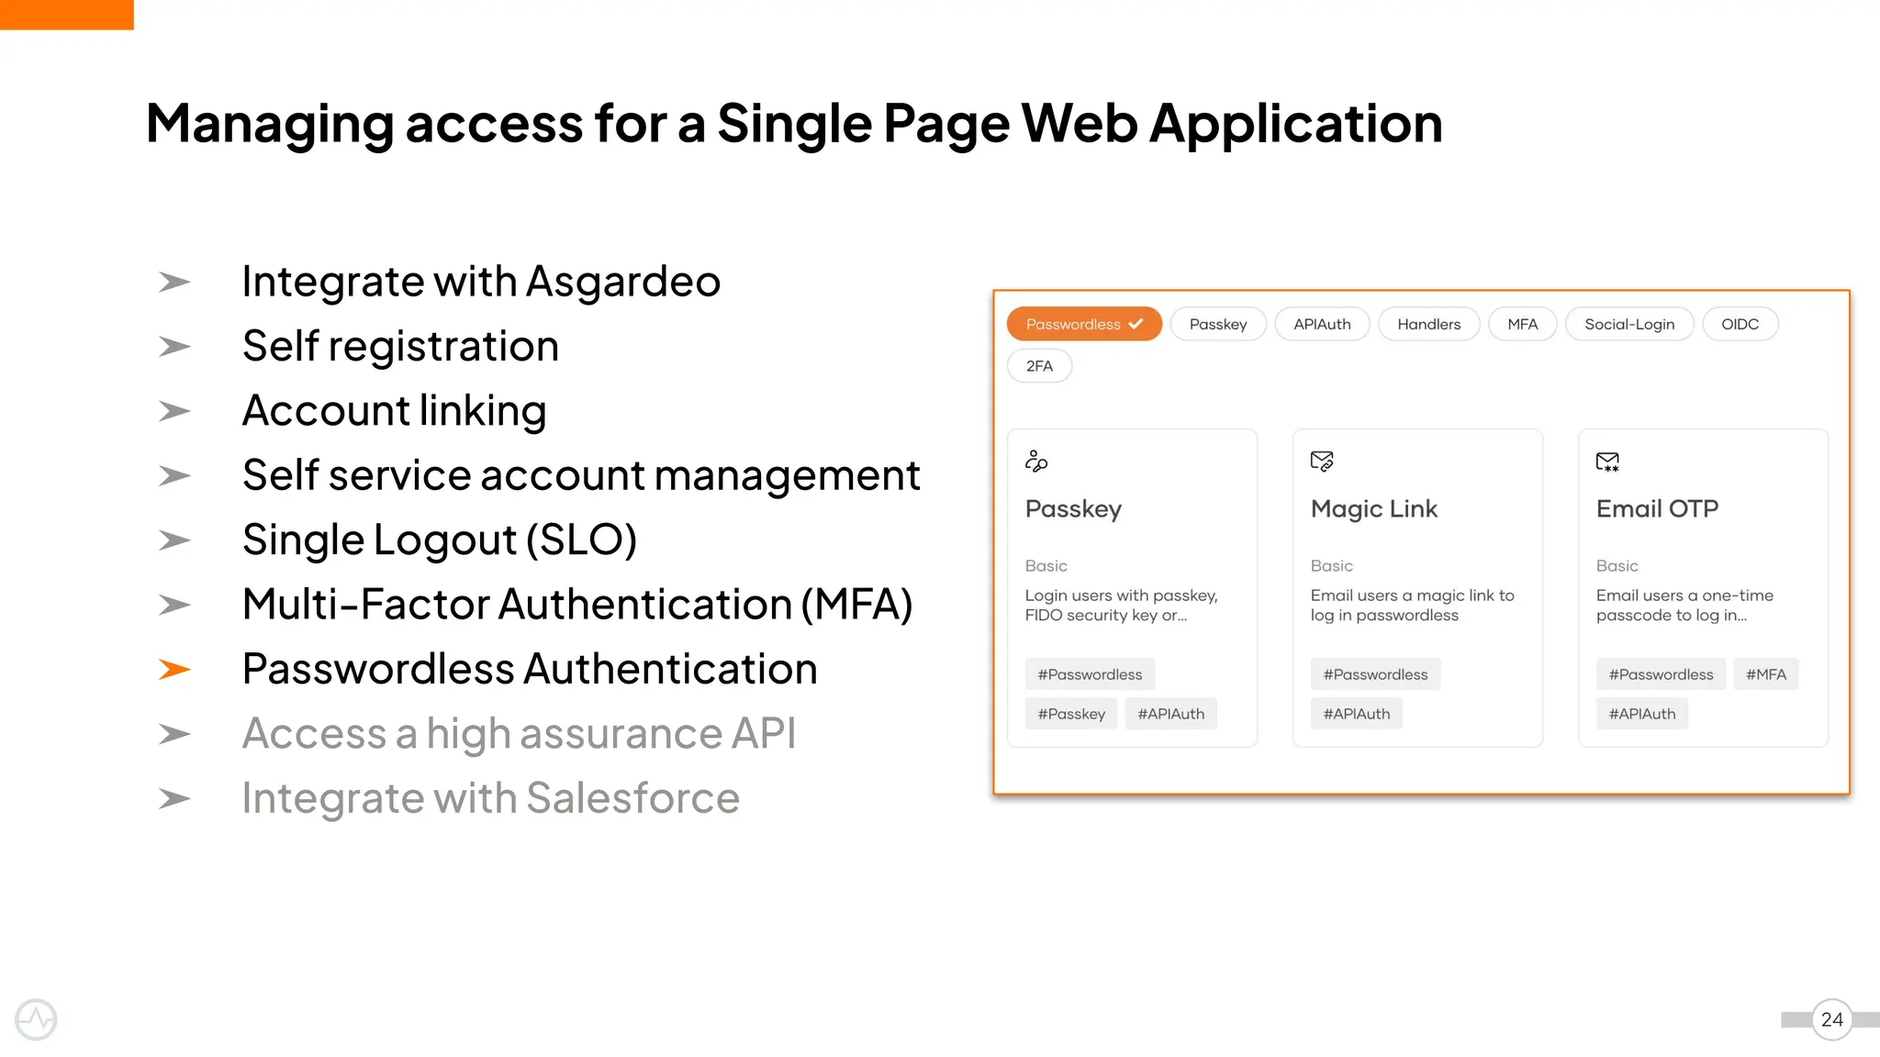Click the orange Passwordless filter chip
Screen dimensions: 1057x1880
1083,324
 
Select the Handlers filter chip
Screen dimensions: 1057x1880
1428,324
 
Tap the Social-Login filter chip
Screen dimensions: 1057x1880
1628,324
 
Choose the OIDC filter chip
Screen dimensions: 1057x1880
1740,324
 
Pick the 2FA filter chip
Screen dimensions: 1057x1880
1039,366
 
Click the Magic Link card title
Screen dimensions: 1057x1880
1373,508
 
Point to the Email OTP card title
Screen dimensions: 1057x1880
1657,508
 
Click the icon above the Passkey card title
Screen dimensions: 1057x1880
1036,461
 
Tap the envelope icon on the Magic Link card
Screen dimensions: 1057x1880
1322,461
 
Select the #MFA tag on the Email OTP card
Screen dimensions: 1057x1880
1765,674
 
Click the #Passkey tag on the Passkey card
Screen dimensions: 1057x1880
1071,714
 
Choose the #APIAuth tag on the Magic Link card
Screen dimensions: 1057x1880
1356,714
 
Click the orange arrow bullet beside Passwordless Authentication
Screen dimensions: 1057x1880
174,670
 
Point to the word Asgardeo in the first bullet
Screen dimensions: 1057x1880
623,282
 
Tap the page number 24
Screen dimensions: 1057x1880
1831,1019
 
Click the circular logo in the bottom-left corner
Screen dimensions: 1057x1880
36,1019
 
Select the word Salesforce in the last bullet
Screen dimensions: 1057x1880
632,798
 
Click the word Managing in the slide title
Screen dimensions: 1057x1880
269,124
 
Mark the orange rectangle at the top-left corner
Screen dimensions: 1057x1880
66,14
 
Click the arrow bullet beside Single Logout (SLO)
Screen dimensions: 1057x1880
174,540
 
